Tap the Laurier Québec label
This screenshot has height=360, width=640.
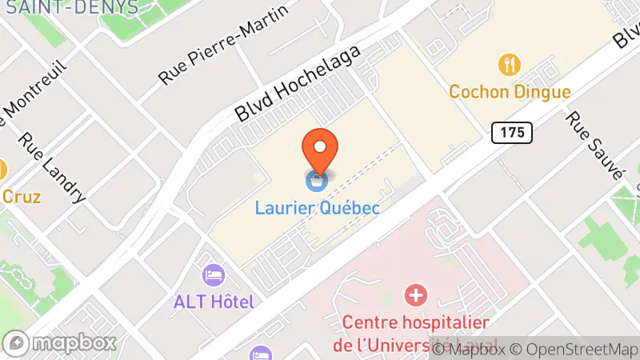click(x=317, y=207)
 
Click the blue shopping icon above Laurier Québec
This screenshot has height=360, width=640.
click(x=317, y=180)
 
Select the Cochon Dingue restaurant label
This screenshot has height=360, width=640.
click(x=510, y=91)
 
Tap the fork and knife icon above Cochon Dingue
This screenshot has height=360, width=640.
click(x=507, y=63)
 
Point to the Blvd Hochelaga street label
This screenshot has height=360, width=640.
click(x=298, y=83)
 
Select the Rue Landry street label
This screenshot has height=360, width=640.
click(x=53, y=166)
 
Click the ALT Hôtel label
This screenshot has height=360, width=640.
click(x=214, y=302)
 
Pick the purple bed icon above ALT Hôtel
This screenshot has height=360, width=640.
click(x=214, y=275)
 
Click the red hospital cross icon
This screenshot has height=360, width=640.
click(x=415, y=295)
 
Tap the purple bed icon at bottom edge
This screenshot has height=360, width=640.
click(x=261, y=354)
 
